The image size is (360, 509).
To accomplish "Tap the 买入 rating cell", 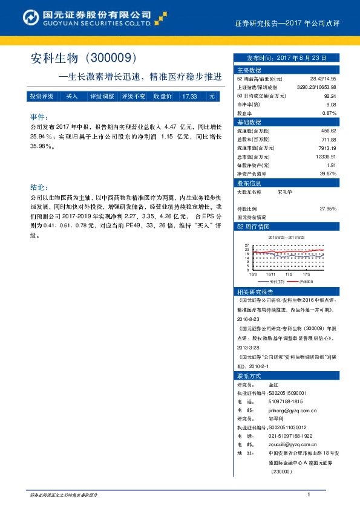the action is (x=72, y=97).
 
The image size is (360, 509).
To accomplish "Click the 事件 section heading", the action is (x=38, y=116).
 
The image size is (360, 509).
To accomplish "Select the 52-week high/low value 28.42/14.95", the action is (x=321, y=79).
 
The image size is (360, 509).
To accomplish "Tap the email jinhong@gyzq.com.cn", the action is (x=293, y=409).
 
